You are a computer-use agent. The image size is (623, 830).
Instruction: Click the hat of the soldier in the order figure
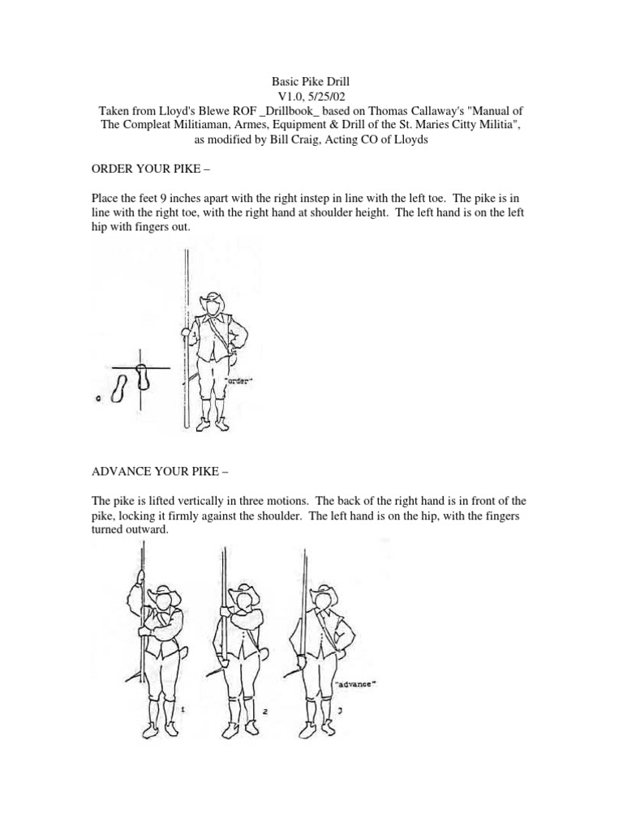(215, 300)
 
